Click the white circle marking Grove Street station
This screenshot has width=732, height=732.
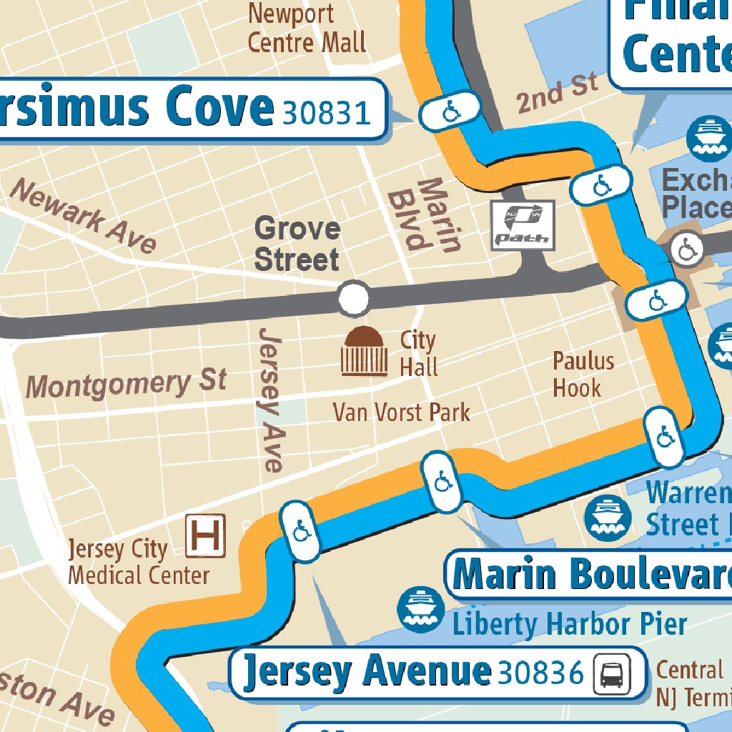353,299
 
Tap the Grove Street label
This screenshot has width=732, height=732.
297,244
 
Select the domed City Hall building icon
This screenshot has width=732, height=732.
365,351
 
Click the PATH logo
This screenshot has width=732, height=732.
523,224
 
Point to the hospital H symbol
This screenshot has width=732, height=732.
205,535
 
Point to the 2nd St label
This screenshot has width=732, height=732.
557,93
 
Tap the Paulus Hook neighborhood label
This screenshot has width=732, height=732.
583,375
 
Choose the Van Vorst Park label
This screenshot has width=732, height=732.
402,412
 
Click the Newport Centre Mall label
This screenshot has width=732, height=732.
307,28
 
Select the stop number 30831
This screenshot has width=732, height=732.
327,112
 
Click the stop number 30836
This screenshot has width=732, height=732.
541,673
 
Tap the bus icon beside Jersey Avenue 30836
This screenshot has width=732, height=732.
612,673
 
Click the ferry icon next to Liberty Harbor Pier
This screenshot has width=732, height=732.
421,610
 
